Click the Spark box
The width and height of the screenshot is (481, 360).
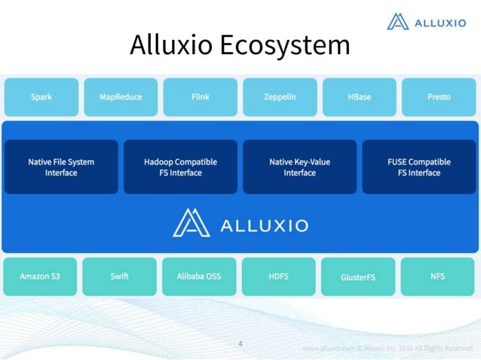pos(41,97)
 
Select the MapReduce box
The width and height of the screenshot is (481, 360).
pos(121,97)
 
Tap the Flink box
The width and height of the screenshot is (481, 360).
pos(200,97)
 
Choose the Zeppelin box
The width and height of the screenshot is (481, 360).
pos(280,97)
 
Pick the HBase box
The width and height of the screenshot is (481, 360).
pos(359,97)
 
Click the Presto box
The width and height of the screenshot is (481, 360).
pos(438,97)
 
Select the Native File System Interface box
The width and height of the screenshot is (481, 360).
pos(61,167)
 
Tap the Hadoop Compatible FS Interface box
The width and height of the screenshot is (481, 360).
pos(180,167)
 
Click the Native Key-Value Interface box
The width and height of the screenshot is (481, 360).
pos(299,167)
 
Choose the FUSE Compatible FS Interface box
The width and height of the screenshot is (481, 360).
pos(418,167)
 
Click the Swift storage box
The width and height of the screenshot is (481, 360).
pos(119,276)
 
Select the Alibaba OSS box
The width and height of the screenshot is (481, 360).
pos(199,276)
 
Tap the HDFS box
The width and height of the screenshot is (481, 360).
pos(279,276)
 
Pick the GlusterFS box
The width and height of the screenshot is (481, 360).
pos(358,277)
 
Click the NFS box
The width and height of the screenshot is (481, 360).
pos(437,276)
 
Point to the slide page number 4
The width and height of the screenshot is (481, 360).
pos(240,344)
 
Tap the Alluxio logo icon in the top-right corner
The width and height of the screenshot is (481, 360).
pos(397,22)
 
